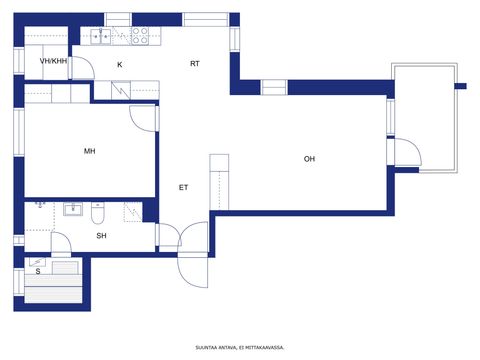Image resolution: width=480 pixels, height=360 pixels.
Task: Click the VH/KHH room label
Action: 53,61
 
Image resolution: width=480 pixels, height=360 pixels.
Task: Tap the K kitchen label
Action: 120,65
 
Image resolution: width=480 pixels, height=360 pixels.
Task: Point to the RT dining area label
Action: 195,63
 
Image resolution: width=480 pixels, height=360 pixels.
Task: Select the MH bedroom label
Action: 90,151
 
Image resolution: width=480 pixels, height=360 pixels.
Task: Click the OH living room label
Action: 309,159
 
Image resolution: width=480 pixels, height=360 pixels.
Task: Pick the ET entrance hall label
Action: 183,187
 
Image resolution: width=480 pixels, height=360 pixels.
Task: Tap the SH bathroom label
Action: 101,236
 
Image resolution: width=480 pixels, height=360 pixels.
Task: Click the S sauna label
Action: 38,271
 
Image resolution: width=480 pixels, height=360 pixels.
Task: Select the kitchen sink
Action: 100,36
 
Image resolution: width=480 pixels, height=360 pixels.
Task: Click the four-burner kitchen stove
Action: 140,36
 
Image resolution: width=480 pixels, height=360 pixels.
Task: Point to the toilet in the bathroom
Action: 98,213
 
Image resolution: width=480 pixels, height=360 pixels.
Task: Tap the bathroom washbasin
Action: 73,209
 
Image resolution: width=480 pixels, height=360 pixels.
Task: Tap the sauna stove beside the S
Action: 65,267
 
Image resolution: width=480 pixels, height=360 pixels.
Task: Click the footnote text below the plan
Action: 240,348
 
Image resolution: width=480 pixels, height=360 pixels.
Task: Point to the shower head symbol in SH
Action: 40,204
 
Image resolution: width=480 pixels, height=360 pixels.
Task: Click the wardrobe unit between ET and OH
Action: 219,182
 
